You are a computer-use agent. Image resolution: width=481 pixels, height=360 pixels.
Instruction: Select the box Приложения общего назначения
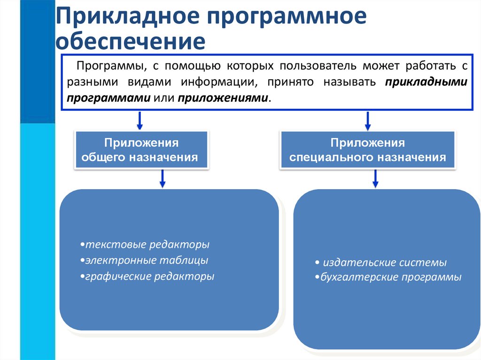point(141,150)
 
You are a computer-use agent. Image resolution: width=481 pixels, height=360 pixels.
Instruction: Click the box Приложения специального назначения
point(368,150)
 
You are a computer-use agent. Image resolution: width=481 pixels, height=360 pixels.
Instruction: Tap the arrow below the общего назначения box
point(163,178)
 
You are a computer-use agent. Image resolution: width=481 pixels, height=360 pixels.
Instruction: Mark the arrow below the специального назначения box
point(375,178)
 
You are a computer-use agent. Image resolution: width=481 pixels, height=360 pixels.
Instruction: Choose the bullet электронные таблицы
point(144,260)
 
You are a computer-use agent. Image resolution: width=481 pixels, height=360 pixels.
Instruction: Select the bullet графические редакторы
point(147,276)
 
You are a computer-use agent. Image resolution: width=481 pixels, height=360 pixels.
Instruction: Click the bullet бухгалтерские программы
point(388,277)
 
